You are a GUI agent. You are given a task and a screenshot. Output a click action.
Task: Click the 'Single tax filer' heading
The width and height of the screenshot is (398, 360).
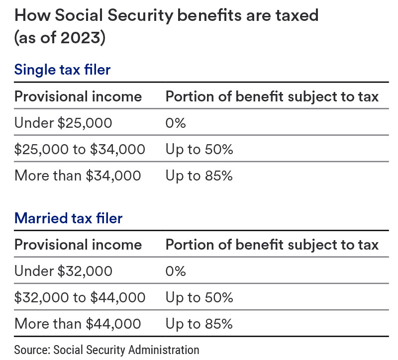pos(62,69)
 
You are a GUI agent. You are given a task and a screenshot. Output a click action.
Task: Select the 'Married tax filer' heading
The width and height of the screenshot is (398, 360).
pos(68,218)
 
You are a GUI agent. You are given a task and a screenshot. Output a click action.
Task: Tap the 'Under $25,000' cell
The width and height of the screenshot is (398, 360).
pos(63,122)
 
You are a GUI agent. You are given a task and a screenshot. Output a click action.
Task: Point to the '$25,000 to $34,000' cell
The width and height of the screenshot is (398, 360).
pos(80,149)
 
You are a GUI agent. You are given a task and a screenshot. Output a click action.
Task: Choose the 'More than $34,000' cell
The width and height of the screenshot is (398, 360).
pos(78,176)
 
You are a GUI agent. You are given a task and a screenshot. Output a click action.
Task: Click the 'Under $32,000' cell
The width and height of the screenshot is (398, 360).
pos(63,271)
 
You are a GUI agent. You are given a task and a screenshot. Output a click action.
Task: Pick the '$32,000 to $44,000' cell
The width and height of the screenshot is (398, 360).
pos(80,297)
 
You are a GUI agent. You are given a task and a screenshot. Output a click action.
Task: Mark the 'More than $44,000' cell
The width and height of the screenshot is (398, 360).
pos(78,324)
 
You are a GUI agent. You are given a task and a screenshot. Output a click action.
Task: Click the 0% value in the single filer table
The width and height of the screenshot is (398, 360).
pos(175,122)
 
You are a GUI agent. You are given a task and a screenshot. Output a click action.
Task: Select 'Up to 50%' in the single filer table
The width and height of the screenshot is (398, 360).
pos(199,149)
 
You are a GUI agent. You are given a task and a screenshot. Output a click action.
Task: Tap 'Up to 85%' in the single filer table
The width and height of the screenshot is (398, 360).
pos(199,176)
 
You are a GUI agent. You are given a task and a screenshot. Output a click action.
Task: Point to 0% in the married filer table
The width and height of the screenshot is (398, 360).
pos(175,271)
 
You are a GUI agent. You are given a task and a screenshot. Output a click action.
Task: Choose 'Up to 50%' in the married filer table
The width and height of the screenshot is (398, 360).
pos(199,297)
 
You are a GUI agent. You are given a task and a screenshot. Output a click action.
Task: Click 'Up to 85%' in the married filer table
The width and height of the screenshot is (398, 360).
pos(199,324)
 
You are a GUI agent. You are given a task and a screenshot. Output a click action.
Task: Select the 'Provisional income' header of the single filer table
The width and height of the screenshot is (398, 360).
pos(78,96)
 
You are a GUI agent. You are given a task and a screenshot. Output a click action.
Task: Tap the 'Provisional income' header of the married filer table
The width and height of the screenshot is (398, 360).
pos(78,245)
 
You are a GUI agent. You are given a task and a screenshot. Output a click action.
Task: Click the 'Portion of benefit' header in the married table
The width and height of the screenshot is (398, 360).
pos(272,245)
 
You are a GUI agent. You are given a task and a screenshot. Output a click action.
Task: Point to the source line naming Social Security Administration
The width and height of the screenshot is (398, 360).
pos(106,350)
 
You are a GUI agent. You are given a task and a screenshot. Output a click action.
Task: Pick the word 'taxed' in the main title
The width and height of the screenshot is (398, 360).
pos(295,16)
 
